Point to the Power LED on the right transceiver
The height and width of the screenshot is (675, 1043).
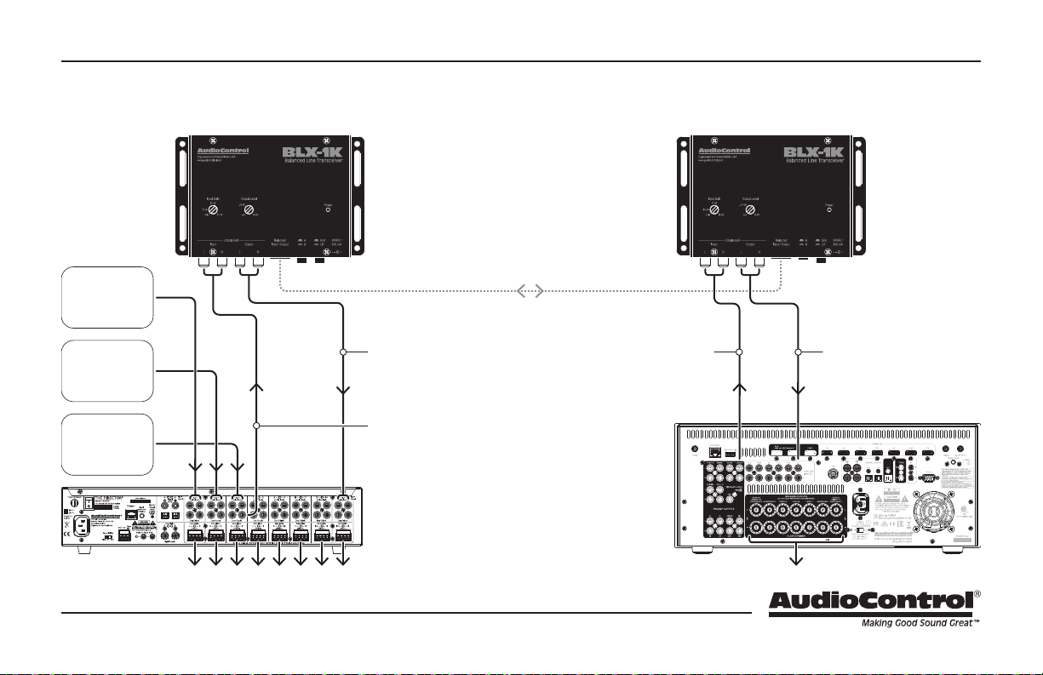tap(829, 211)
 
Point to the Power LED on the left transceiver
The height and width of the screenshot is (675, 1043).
tap(328, 211)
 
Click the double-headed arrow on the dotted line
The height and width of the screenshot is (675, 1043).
tap(529, 292)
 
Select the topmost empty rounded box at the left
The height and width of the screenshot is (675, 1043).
tap(107, 297)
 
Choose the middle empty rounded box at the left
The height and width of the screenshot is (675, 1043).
tap(107, 371)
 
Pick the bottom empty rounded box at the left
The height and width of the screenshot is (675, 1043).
tap(107, 444)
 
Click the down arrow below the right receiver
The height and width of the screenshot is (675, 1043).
tap(798, 559)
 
